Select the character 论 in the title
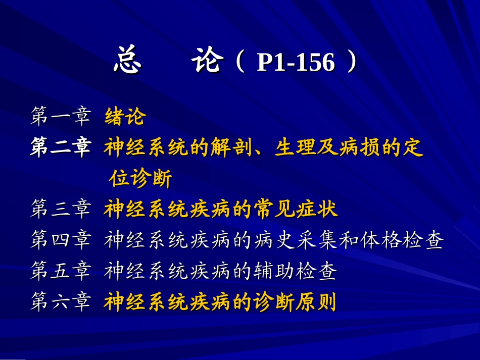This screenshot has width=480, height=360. (x=207, y=62)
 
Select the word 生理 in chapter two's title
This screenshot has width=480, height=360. (x=296, y=148)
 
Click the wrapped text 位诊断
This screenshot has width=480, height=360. (x=140, y=178)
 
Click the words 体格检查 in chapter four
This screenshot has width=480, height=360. (x=402, y=241)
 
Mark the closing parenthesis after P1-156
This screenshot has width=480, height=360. (x=352, y=63)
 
